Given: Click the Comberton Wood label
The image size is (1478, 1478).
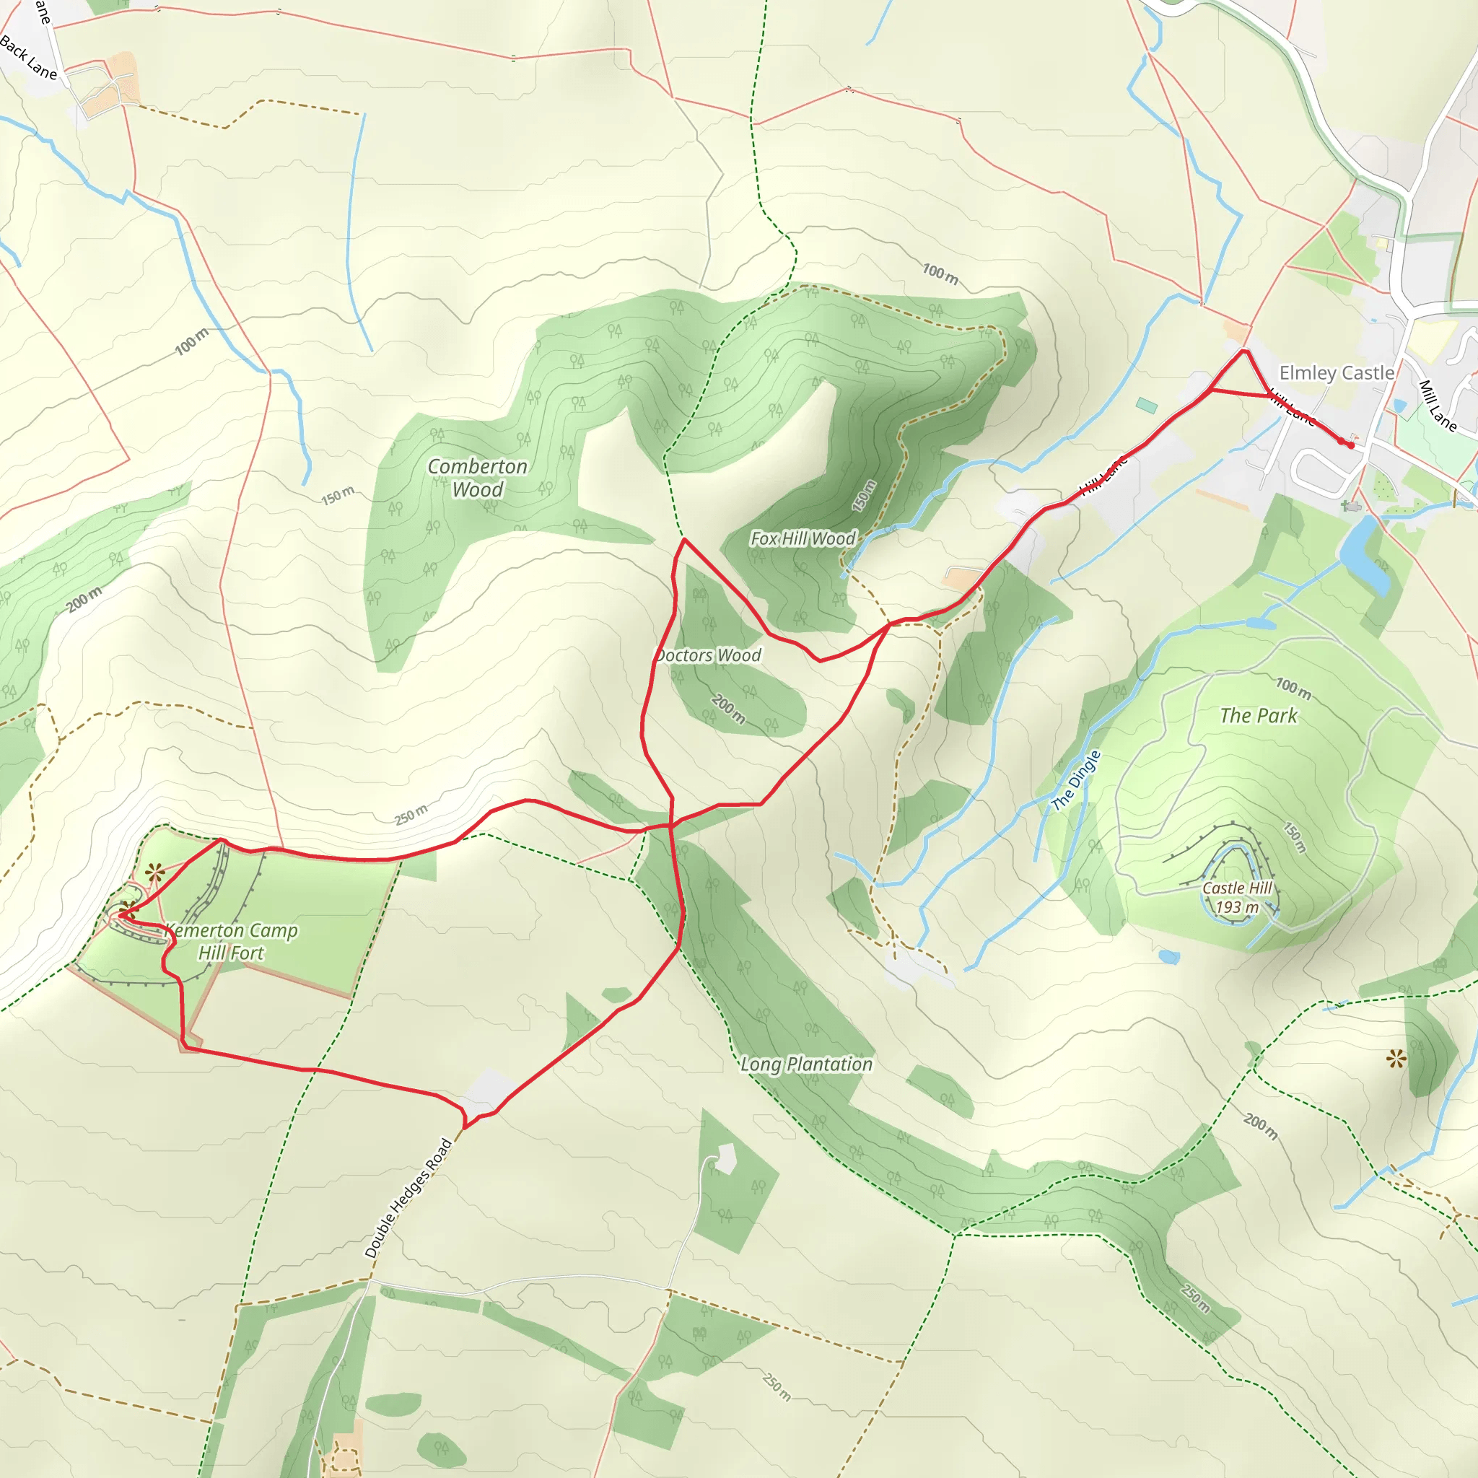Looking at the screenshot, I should [477, 478].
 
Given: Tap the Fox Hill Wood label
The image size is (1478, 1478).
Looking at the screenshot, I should [803, 538].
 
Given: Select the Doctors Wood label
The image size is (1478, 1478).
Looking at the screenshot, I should [709, 655].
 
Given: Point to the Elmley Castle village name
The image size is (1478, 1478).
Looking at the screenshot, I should [1337, 372].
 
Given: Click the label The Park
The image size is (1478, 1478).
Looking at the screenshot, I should [1259, 716].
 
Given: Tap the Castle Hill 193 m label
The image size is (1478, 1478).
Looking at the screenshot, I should [1237, 897].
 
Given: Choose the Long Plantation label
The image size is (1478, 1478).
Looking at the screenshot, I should [806, 1064].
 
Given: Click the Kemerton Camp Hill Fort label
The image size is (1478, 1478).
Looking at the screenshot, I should [231, 942].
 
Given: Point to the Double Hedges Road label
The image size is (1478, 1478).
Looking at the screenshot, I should [408, 1198].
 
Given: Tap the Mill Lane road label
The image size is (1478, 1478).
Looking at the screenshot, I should [1438, 406].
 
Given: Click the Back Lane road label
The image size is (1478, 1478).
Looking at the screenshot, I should [28, 58].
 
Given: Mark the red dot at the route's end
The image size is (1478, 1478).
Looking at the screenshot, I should [1351, 445].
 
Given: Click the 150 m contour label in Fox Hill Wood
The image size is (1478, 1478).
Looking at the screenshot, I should [864, 496].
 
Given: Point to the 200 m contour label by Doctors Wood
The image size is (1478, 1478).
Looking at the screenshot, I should [728, 709].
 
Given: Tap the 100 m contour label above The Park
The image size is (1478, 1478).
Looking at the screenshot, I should [1293, 688].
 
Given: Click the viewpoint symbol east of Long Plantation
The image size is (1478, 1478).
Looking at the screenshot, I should [1396, 1059].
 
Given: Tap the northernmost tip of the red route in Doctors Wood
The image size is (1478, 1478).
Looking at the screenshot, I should [684, 539].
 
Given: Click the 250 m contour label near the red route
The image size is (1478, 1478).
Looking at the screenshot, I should [411, 815].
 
